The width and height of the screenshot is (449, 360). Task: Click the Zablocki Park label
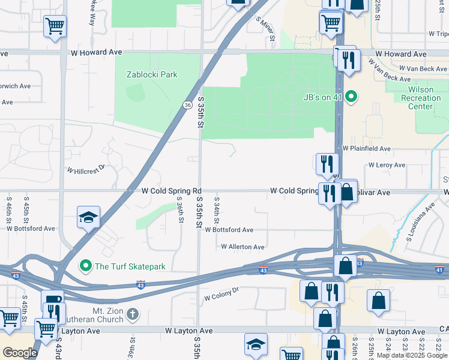152,75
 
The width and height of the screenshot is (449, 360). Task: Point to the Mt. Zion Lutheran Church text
107,315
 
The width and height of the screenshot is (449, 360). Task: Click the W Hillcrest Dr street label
86,171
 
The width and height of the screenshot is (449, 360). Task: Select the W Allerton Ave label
243,247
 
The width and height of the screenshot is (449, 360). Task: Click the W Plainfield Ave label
366,148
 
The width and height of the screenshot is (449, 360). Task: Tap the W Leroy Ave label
387,165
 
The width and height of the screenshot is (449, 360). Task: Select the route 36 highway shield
188,105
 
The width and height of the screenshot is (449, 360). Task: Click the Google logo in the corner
19,353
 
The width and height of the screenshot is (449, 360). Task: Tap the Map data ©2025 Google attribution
412,356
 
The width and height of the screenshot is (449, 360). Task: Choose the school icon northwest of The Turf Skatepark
88,217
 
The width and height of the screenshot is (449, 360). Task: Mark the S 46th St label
9,210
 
